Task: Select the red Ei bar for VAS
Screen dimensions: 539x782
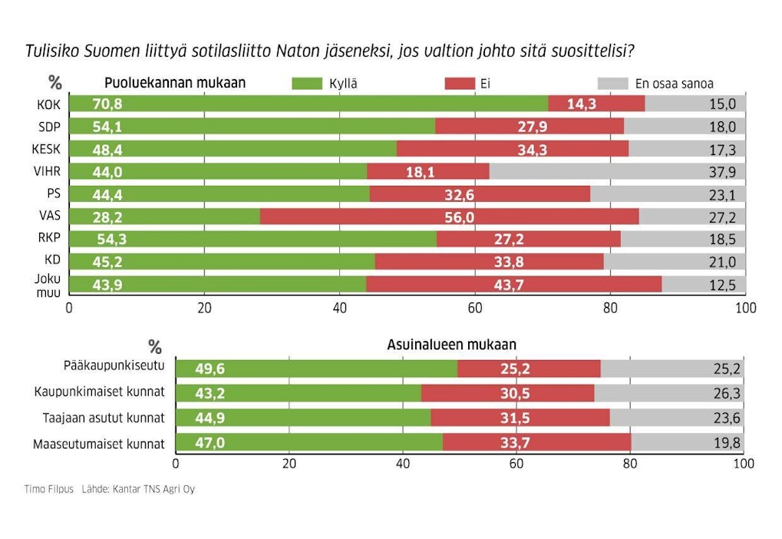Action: click(x=449, y=217)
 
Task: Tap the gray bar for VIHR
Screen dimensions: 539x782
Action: click(x=617, y=171)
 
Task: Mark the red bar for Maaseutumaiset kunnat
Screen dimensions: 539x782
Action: click(x=536, y=443)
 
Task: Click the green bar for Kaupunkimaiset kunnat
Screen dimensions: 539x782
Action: click(x=299, y=393)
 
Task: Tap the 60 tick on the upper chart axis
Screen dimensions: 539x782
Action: click(x=474, y=309)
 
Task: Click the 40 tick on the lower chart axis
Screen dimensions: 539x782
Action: click(x=402, y=464)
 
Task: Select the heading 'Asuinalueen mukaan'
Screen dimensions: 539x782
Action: click(x=451, y=345)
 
